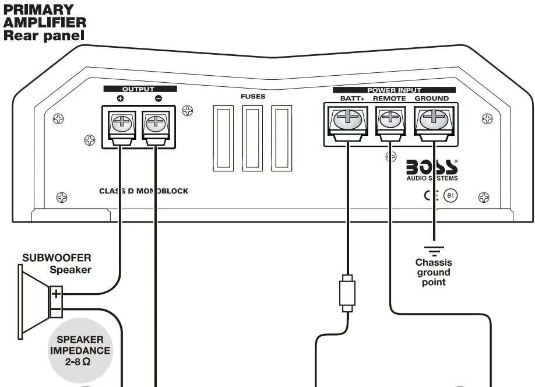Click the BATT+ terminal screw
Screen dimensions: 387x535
pyautogui.click(x=347, y=119)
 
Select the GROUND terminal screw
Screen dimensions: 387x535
pyautogui.click(x=432, y=119)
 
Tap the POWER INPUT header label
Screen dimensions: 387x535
pyautogui.click(x=394, y=90)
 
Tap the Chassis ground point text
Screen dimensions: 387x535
pyautogui.click(x=433, y=272)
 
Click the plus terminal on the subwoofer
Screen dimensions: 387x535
pyautogui.click(x=56, y=293)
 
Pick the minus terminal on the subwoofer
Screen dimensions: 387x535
pyautogui.click(x=56, y=309)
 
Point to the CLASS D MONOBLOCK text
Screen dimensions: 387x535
pyautogui.click(x=143, y=191)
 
